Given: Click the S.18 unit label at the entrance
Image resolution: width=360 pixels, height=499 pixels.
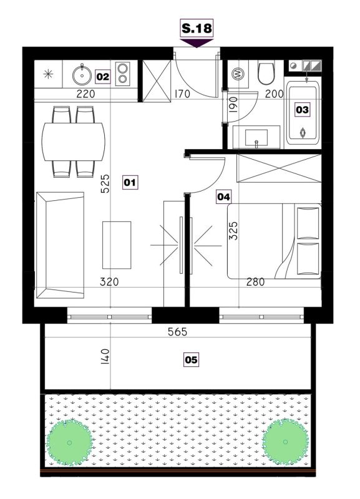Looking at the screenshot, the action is pyautogui.click(x=197, y=28).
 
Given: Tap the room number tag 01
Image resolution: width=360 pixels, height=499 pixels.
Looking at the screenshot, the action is pyautogui.click(x=130, y=182).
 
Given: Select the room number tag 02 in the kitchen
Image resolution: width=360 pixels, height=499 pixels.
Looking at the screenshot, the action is pyautogui.click(x=103, y=77).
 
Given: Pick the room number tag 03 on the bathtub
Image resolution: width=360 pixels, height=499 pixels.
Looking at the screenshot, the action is pyautogui.click(x=302, y=110).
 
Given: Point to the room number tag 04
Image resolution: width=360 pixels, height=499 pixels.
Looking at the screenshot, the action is pyautogui.click(x=223, y=197).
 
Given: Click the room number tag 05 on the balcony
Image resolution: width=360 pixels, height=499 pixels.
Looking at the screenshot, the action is pyautogui.click(x=191, y=360).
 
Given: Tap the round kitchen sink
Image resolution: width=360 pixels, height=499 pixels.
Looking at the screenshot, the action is pyautogui.click(x=82, y=75).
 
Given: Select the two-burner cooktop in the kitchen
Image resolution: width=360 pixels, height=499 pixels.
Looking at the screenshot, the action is pyautogui.click(x=122, y=74).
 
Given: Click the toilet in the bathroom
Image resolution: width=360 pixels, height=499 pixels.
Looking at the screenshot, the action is pyautogui.click(x=266, y=74).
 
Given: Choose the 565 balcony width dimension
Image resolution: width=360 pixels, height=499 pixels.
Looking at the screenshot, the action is pyautogui.click(x=178, y=332).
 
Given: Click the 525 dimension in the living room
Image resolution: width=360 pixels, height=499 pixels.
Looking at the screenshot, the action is pyautogui.click(x=105, y=183).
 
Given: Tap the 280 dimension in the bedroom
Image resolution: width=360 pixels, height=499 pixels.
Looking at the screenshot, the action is pyautogui.click(x=256, y=282).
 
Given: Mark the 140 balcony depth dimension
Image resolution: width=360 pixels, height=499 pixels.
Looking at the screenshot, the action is pyautogui.click(x=105, y=356).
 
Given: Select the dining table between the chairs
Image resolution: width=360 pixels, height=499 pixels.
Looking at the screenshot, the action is pyautogui.click(x=73, y=142).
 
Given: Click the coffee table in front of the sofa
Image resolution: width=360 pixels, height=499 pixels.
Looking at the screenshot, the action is pyautogui.click(x=117, y=245).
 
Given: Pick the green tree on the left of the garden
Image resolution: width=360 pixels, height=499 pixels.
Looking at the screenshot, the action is pyautogui.click(x=70, y=442).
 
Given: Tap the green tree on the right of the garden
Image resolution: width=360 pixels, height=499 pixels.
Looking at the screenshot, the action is pyautogui.click(x=285, y=442).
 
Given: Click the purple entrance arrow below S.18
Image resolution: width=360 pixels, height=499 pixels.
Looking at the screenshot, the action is pyautogui.click(x=197, y=43).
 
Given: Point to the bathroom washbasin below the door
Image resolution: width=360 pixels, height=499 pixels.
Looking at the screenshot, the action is pyautogui.click(x=256, y=137).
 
